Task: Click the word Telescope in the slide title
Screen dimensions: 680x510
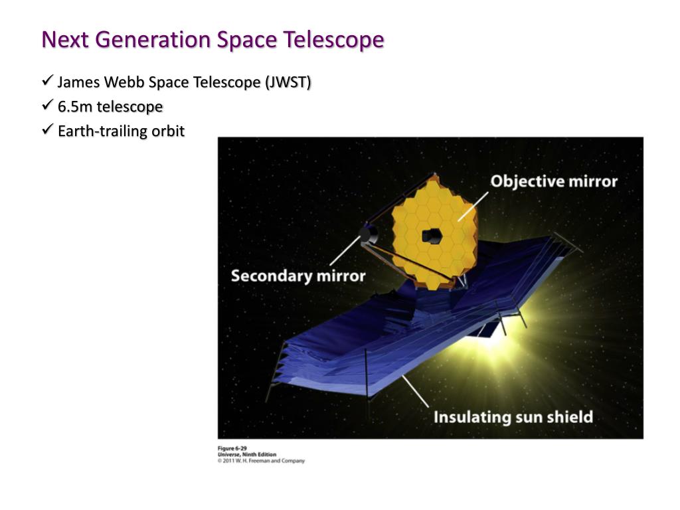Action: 333,40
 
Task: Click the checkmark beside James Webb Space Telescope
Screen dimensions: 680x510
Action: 47,80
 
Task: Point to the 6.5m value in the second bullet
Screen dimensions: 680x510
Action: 75,106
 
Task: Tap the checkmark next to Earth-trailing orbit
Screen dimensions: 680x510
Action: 47,129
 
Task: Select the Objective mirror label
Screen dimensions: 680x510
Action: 554,181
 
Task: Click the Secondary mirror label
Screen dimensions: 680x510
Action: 298,276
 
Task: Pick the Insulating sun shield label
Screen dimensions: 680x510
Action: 513,417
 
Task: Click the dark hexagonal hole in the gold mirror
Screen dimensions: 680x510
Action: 432,236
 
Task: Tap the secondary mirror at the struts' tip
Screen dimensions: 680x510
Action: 368,234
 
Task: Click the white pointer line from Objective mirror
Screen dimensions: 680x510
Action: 473,207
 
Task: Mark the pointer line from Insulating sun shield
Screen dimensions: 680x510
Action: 416,392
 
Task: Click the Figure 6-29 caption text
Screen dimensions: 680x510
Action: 232,448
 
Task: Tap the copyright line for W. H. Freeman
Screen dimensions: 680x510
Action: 261,461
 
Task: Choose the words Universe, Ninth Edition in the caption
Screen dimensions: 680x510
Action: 247,454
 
